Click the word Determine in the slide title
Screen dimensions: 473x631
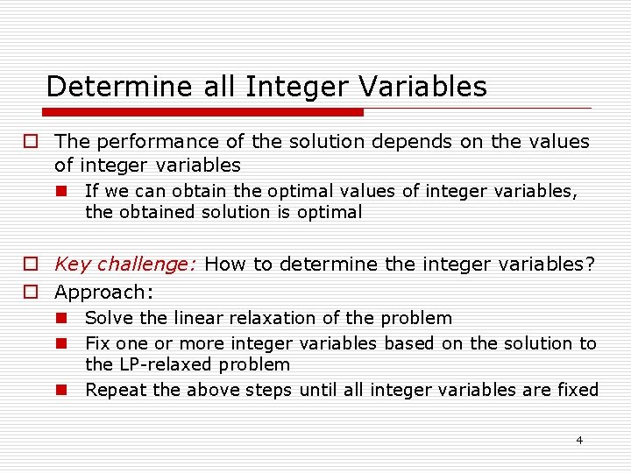coord(99,87)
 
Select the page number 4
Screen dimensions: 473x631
coord(579,440)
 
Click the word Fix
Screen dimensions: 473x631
coord(97,343)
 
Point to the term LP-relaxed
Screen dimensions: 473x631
coord(167,364)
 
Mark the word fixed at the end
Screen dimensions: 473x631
coord(577,390)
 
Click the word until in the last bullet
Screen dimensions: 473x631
coord(321,390)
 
